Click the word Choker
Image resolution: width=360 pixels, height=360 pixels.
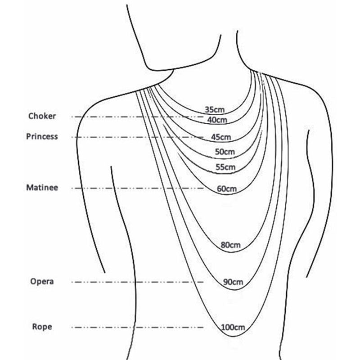coord(42,116)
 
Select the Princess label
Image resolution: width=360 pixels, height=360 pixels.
coord(42,136)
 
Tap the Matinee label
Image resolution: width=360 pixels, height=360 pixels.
coord(42,188)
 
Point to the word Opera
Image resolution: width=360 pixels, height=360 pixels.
coord(42,282)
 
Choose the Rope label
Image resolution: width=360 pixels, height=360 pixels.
coord(42,327)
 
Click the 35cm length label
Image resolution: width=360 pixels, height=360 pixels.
coord(215,109)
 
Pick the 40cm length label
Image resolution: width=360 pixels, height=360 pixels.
coord(217,120)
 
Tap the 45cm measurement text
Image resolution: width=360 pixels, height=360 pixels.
coord(221,137)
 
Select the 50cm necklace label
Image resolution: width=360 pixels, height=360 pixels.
coord(225,152)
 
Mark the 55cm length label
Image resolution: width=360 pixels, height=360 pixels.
coord(226,167)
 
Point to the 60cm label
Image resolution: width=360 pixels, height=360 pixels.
coord(227,189)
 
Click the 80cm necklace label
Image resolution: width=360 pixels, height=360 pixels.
coord(230,245)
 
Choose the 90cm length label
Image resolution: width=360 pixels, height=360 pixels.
coord(233,282)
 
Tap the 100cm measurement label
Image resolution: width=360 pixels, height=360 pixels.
coord(233,327)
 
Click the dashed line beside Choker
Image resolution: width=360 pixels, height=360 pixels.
coord(137,117)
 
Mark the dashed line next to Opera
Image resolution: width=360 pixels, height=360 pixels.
coord(137,282)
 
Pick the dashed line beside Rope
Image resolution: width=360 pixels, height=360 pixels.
coord(137,328)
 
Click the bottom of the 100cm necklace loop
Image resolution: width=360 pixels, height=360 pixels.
coord(233,337)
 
